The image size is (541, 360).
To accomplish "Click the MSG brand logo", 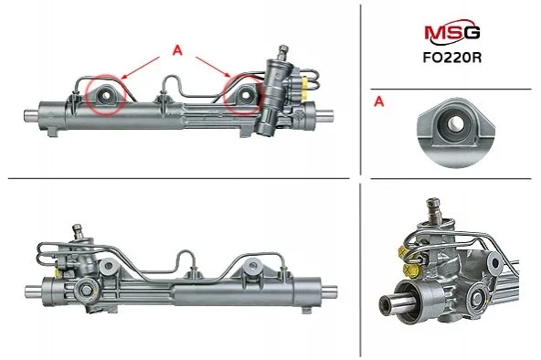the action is click(x=451, y=34).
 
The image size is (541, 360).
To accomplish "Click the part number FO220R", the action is click(x=452, y=58).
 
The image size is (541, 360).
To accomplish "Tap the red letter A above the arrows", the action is click(x=177, y=50).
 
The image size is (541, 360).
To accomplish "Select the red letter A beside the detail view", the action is click(x=379, y=101).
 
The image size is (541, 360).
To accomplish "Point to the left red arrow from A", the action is click(x=141, y=68).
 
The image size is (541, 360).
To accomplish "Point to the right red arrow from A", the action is click(x=213, y=67).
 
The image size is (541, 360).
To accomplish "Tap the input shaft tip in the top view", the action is click(x=283, y=48).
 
